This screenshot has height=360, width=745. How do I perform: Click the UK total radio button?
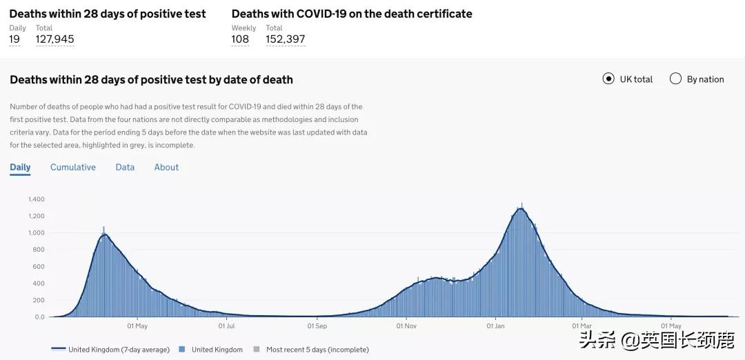pyautogui.click(x=608, y=79)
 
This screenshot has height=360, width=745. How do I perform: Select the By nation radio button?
pyautogui.click(x=676, y=79)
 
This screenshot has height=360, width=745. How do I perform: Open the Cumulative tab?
pyautogui.click(x=73, y=167)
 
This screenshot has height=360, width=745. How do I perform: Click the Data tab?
pyautogui.click(x=125, y=167)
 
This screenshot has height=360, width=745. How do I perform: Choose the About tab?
pyautogui.click(x=166, y=167)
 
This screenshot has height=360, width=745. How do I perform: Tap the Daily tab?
pyautogui.click(x=20, y=167)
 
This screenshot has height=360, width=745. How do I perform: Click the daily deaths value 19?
pyautogui.click(x=14, y=39)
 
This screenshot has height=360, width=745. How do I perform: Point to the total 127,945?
pyautogui.click(x=54, y=39)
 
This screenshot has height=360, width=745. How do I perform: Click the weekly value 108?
pyautogui.click(x=240, y=39)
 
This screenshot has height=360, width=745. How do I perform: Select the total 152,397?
pyautogui.click(x=286, y=39)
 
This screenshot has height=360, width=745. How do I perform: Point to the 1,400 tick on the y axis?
pyautogui.click(x=37, y=199)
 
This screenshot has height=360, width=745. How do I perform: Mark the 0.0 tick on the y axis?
pyautogui.click(x=39, y=317)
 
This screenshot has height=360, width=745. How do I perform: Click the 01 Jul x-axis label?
pyautogui.click(x=226, y=326)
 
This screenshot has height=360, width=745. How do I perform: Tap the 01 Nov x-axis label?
pyautogui.click(x=406, y=326)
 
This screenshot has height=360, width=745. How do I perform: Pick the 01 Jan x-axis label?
pyautogui.click(x=495, y=326)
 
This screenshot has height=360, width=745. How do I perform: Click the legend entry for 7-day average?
pyautogui.click(x=110, y=350)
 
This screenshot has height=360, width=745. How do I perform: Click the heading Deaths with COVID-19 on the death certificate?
pyautogui.click(x=352, y=14)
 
